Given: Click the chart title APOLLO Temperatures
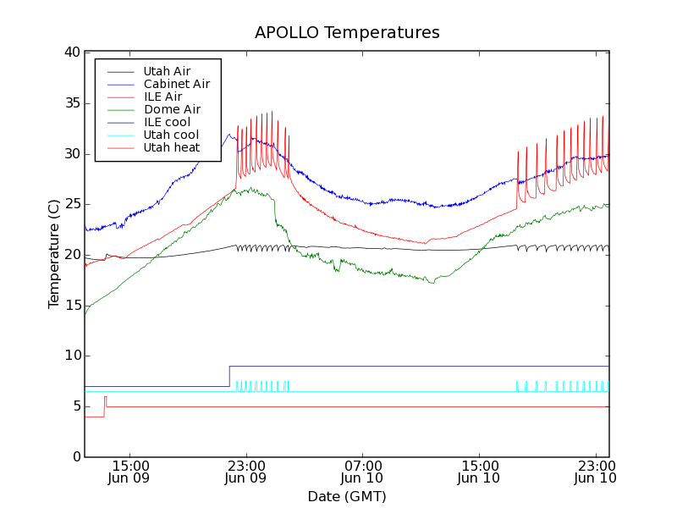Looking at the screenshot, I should point(347,33).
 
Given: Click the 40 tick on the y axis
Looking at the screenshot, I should point(71,52).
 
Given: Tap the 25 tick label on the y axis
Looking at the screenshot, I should point(71,204).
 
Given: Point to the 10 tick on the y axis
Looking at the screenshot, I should point(71,356).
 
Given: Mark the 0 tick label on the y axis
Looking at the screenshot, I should point(75,457).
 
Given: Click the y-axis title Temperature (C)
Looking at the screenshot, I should point(54,255).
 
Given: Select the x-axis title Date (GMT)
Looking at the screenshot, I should point(347,496).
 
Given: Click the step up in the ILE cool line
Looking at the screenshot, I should point(229,376).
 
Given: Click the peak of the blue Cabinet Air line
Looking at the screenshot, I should point(228,134).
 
